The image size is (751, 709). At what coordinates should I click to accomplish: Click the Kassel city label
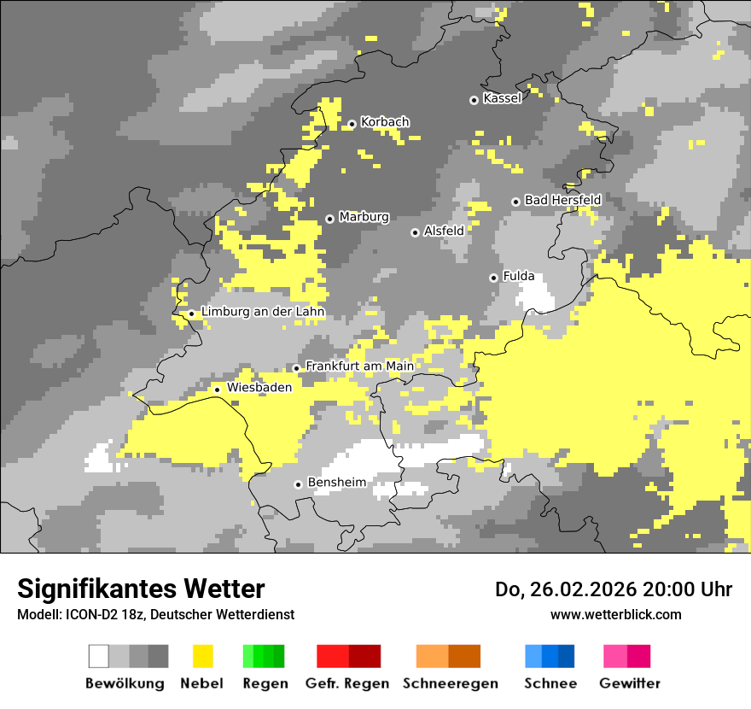(502, 99)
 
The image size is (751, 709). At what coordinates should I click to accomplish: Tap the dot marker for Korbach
(352, 124)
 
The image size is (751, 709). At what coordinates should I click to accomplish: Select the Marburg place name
(364, 217)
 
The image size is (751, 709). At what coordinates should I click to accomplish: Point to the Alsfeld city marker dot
(415, 232)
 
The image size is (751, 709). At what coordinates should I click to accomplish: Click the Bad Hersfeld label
(562, 200)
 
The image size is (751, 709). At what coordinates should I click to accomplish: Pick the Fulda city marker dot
(493, 278)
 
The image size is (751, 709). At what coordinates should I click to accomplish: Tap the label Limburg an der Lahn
(263, 313)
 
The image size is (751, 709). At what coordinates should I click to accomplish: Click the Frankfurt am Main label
(359, 366)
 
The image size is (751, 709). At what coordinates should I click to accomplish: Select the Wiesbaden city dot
(218, 390)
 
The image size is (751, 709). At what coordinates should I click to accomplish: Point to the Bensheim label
(336, 483)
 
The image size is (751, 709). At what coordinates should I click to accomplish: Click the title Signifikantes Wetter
(141, 589)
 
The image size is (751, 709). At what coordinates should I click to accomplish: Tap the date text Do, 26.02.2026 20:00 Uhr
(613, 589)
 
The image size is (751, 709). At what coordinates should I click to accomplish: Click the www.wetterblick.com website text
(615, 614)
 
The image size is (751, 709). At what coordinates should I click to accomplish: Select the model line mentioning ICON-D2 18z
(155, 614)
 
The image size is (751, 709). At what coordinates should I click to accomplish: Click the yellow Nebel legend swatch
(202, 656)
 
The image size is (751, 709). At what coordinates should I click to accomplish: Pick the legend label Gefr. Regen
(346, 683)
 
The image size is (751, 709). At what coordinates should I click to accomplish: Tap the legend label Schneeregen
(450, 683)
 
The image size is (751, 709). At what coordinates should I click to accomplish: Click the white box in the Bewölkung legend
(99, 656)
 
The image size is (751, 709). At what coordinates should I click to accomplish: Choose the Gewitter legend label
(629, 683)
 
